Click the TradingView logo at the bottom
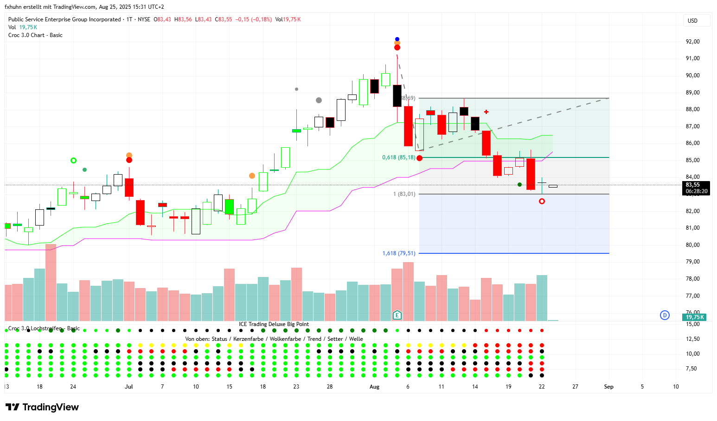pyautogui.click(x=42, y=407)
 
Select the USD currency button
pyautogui.click(x=692, y=21)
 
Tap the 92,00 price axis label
pyautogui.click(x=692, y=42)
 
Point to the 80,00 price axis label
pyautogui.click(x=692, y=245)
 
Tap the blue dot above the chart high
pyautogui.click(x=397, y=39)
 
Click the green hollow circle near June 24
pyautogui.click(x=73, y=161)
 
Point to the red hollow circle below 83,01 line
pyautogui.click(x=542, y=201)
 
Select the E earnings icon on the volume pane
pyautogui.click(x=397, y=315)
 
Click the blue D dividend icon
pyautogui.click(x=665, y=315)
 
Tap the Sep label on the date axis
pyautogui.click(x=608, y=387)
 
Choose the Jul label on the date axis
pyautogui.click(x=129, y=387)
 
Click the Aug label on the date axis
pyautogui.click(x=374, y=387)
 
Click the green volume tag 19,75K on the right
pyautogui.click(x=694, y=317)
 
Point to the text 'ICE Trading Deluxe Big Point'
pyautogui.click(x=274, y=324)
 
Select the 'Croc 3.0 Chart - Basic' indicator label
pyautogui.click(x=35, y=35)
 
